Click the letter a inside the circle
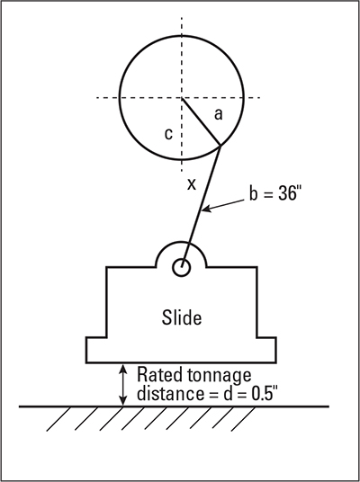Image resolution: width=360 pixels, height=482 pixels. (218, 115)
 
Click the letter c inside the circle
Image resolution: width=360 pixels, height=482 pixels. (168, 134)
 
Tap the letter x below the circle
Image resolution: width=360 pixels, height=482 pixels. (192, 184)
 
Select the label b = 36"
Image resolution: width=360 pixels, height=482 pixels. (274, 193)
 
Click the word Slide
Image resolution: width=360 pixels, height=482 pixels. (182, 317)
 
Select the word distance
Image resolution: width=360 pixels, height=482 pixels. (170, 394)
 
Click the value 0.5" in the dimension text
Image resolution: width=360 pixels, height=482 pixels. (263, 394)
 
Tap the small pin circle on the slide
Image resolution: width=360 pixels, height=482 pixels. (182, 267)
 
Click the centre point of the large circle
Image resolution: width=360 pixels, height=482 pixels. (182, 98)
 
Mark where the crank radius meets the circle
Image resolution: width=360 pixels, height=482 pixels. (220, 146)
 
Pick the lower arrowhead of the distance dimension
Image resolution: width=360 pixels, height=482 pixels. (122, 401)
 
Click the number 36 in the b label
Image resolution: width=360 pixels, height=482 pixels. (285, 193)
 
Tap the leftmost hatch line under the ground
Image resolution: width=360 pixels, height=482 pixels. (58, 419)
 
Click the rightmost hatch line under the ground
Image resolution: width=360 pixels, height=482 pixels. (243, 419)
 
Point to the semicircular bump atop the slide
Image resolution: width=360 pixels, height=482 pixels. (182, 242)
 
